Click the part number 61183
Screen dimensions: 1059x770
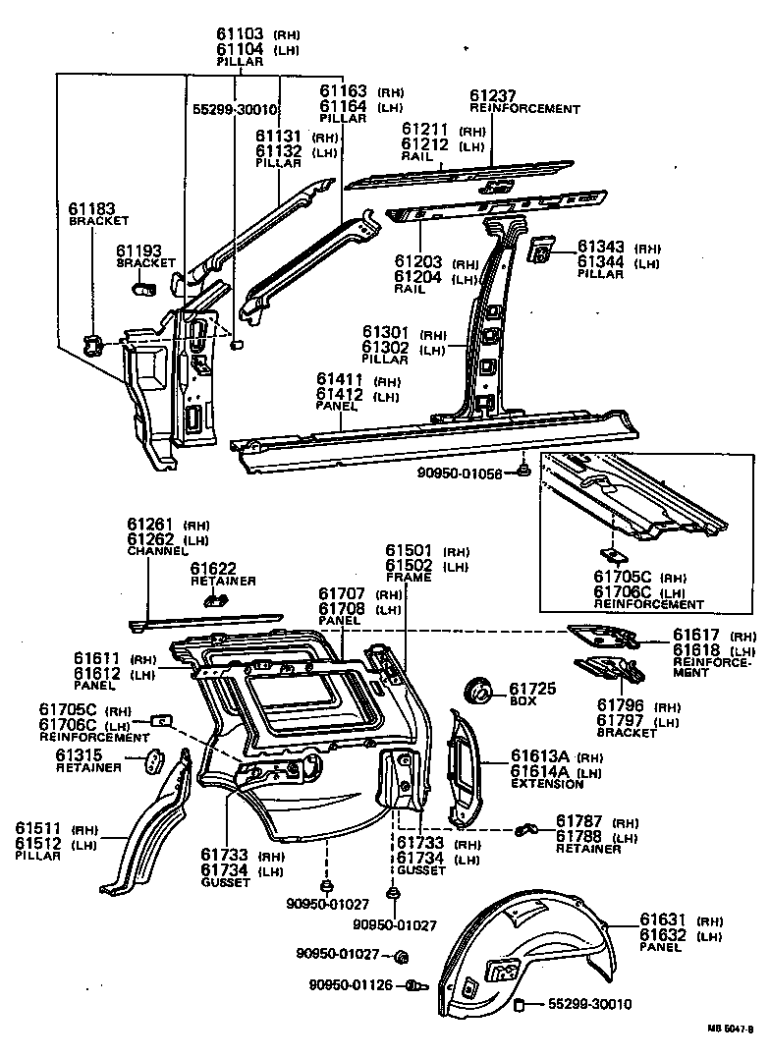(x=91, y=208)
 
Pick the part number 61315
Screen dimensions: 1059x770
(x=79, y=754)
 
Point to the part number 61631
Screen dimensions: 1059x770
(x=662, y=920)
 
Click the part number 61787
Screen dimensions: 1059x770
(x=578, y=821)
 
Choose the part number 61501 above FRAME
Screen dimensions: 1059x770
(x=409, y=551)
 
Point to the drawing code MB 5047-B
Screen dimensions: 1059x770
(x=730, y=1029)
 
